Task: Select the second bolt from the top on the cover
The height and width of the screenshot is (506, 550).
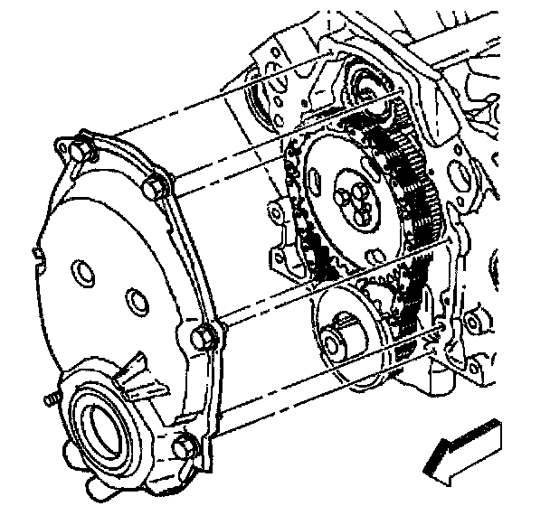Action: tap(155, 188)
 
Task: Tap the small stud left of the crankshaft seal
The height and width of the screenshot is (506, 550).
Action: tap(49, 397)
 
